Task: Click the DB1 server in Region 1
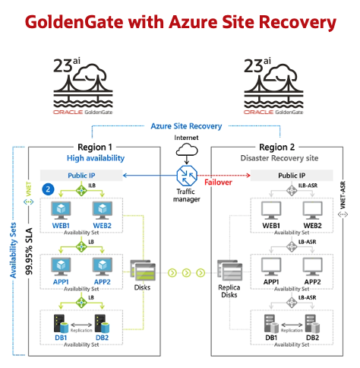click(x=62, y=321)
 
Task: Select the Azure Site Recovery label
click(x=186, y=125)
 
